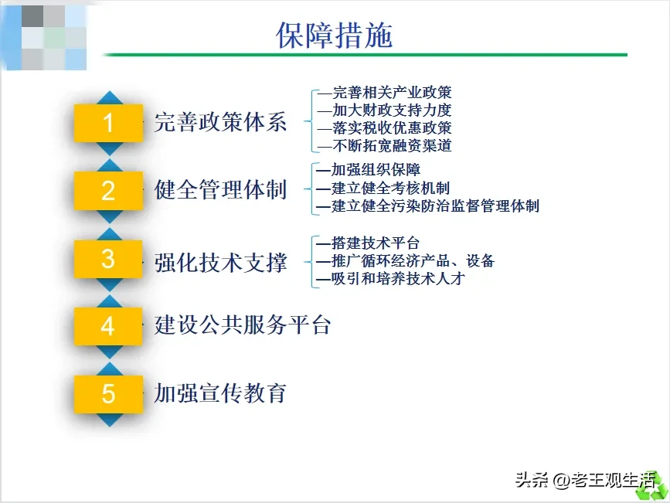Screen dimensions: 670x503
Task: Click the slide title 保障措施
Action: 334,35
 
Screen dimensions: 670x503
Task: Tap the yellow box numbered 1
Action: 108,123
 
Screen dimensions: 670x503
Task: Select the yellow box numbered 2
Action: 108,191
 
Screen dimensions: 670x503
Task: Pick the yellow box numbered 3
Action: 108,259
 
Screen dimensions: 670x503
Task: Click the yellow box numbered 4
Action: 108,327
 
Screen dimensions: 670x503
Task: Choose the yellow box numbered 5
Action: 108,394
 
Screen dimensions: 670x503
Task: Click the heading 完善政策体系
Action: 220,122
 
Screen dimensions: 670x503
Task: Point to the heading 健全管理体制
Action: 220,190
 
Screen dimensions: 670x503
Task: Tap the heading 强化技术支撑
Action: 220,262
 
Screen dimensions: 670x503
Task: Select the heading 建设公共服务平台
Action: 243,325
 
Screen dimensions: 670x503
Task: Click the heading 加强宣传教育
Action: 220,393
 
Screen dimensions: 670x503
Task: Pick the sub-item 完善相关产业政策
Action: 392,92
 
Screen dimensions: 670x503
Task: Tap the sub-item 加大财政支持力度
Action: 392,110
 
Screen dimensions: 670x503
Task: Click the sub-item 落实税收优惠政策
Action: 392,127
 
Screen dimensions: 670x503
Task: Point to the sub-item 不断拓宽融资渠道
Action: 392,146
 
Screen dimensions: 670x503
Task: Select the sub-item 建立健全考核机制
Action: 390,188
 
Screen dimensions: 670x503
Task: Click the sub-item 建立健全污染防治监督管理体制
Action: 435,206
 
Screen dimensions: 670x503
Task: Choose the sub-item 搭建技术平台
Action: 375,243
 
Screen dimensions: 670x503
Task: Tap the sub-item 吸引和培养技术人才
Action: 398,279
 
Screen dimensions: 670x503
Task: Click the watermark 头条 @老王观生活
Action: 586,481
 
